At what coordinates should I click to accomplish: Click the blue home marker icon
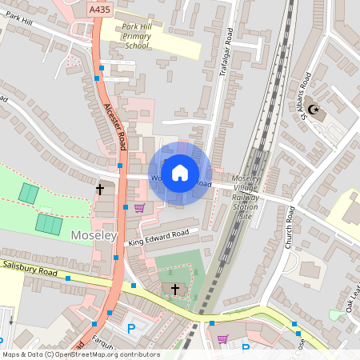pos(180,173)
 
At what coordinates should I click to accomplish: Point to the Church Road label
pos(289,228)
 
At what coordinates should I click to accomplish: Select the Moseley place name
pos(94,236)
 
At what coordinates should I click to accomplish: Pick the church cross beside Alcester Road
pos(100,190)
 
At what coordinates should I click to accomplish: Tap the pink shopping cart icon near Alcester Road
pos(139,208)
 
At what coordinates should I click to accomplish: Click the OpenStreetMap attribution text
pos(80,354)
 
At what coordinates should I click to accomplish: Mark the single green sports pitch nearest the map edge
pos(28,194)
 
